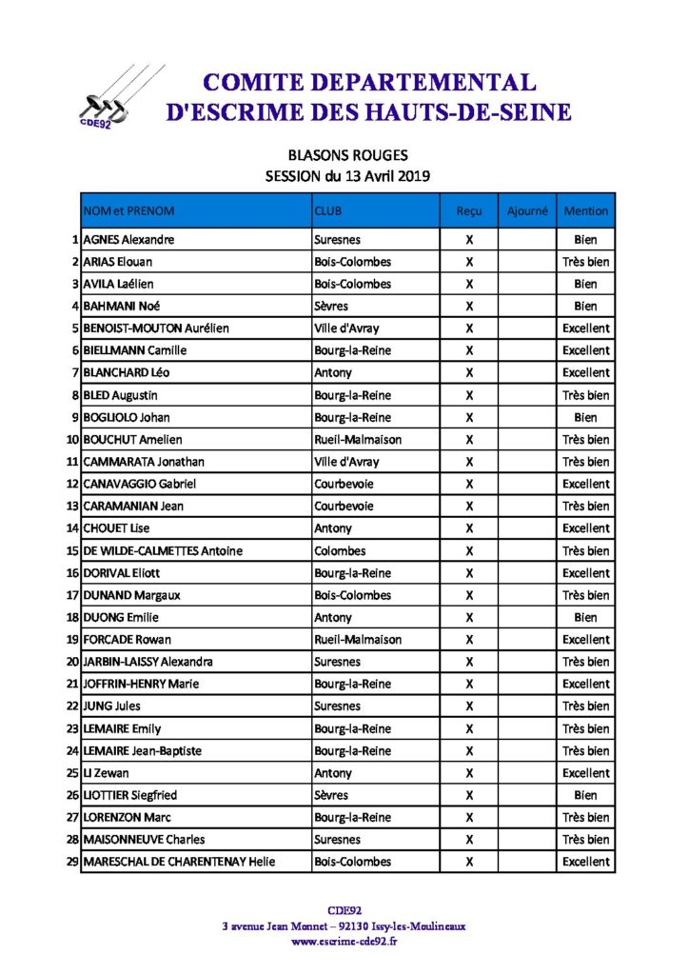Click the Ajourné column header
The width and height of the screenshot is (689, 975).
[x=527, y=210]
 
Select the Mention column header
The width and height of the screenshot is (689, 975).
[x=585, y=210]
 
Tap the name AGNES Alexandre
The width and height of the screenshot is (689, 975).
[x=128, y=240]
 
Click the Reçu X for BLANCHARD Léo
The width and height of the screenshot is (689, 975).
[x=469, y=373]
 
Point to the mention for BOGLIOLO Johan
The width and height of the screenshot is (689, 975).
[x=585, y=417]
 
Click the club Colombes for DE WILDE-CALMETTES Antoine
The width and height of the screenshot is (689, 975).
[x=340, y=550]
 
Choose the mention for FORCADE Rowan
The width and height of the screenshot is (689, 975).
[x=585, y=640]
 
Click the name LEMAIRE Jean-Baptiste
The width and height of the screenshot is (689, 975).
[x=143, y=751]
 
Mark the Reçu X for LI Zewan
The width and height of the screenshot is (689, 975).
[x=469, y=773]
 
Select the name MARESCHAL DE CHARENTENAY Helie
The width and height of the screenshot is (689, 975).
[x=179, y=862]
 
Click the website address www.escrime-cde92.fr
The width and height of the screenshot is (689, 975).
[x=344, y=942]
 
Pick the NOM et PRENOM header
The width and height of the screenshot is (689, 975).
[x=129, y=210]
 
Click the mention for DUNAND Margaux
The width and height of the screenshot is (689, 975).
[x=585, y=595]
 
